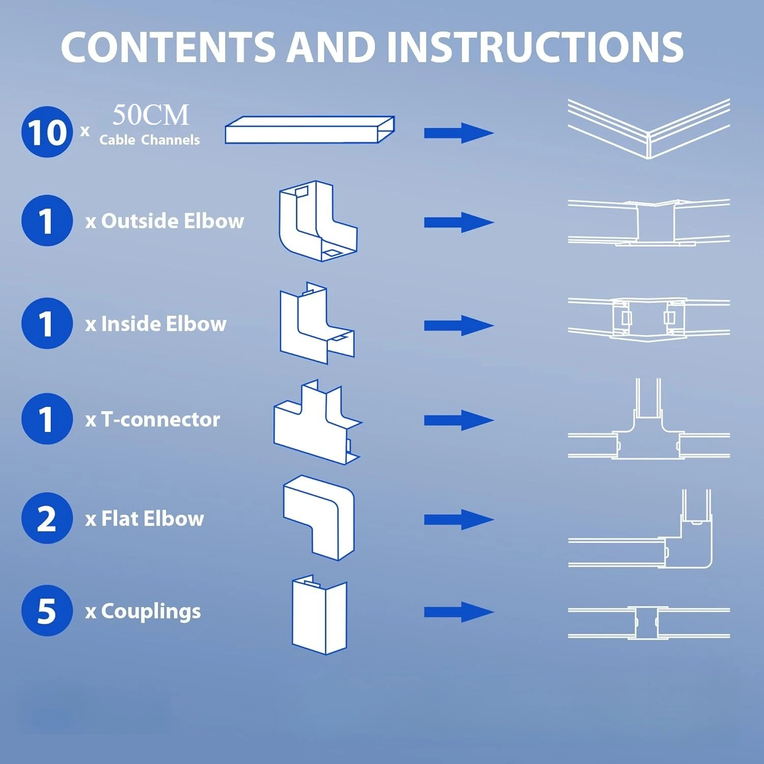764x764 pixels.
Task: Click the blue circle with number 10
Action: (47, 132)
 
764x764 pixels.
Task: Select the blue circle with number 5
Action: (47, 610)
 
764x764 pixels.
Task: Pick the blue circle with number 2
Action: (47, 518)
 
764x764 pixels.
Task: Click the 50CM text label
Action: (151, 115)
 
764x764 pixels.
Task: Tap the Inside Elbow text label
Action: (156, 324)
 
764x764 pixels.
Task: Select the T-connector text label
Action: (153, 420)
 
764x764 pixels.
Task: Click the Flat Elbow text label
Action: (145, 519)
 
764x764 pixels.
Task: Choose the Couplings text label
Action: (143, 612)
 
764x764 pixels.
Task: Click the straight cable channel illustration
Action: (310, 130)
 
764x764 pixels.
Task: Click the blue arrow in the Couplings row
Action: (458, 612)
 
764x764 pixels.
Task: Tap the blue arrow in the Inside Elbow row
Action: (458, 325)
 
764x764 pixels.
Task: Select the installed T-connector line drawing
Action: (648, 428)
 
